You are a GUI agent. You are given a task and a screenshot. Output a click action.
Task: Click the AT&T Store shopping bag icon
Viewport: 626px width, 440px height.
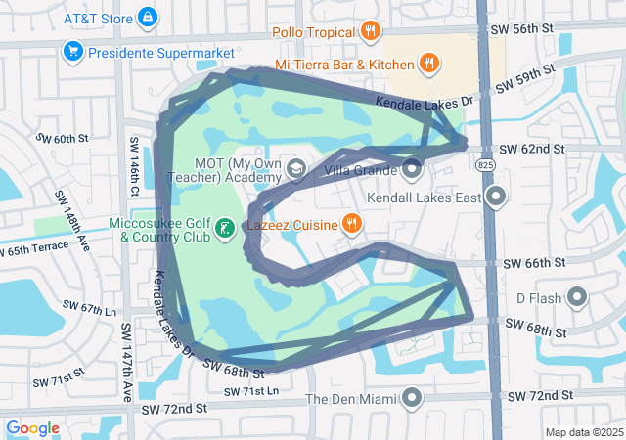(x=147, y=18)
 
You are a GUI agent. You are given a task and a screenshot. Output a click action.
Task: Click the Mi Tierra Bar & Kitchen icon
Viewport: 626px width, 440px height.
(x=428, y=65)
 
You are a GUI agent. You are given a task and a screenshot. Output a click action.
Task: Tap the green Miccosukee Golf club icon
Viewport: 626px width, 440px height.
(x=225, y=229)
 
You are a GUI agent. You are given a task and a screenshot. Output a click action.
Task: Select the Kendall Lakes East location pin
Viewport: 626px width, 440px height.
(x=497, y=198)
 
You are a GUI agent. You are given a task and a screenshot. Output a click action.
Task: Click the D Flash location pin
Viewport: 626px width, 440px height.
(x=577, y=297)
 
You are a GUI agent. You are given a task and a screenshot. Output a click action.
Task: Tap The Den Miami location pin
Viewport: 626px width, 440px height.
(x=412, y=398)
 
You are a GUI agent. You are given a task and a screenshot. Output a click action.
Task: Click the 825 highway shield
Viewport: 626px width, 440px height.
(x=486, y=167)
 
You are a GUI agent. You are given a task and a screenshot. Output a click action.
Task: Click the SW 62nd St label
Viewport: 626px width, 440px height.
(x=531, y=149)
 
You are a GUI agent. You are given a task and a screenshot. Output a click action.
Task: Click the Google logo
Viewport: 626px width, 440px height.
(x=33, y=428)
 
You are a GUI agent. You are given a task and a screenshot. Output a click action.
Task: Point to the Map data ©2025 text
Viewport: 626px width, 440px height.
(x=583, y=432)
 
